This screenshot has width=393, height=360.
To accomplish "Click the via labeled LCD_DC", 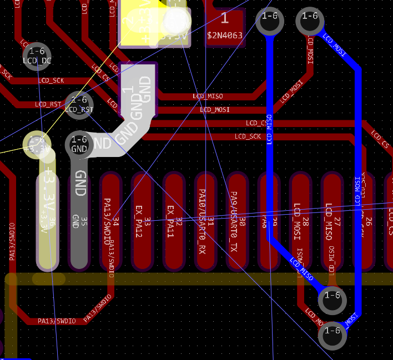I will click(x=37, y=55).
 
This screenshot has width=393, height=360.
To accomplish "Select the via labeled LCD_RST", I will click(x=79, y=104).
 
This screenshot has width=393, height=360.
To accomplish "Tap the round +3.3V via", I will click(x=37, y=144).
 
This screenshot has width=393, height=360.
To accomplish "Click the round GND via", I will click(x=79, y=144).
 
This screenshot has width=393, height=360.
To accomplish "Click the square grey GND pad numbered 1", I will click(x=138, y=89).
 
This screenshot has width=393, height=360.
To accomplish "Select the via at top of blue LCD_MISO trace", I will click(x=269, y=21).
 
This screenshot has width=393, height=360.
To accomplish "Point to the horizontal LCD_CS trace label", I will click(x=257, y=123).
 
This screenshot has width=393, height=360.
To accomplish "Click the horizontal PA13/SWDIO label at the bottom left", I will click(x=56, y=321).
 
